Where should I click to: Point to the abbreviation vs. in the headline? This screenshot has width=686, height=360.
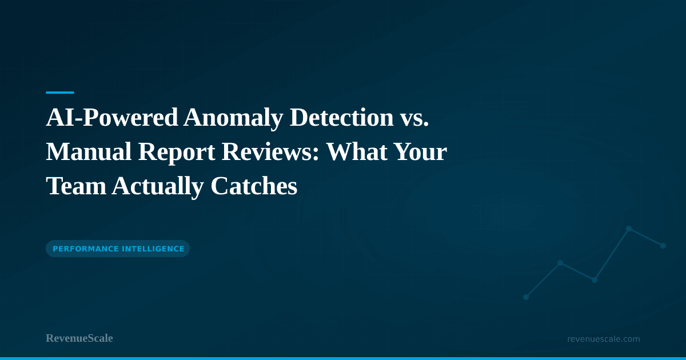(x=414, y=118)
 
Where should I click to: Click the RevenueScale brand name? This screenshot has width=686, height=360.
(x=79, y=338)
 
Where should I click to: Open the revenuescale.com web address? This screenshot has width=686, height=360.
(x=604, y=339)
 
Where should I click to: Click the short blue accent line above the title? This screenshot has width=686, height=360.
(x=60, y=92)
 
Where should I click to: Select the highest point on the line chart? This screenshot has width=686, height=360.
(x=629, y=229)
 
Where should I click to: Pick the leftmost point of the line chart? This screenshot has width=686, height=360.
(x=526, y=297)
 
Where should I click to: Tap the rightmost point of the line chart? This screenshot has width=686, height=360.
(x=663, y=246)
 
